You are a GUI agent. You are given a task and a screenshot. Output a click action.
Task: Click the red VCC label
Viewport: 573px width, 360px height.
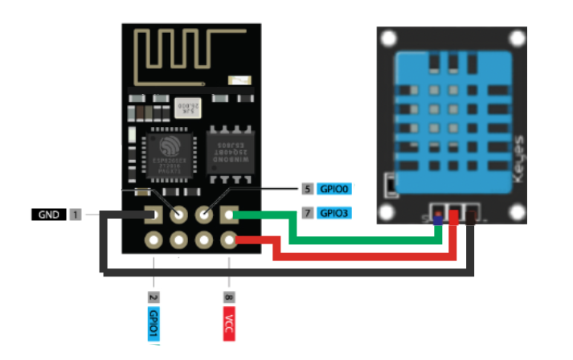click(230, 319)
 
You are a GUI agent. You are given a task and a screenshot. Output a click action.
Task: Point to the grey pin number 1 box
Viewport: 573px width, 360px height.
click(75, 215)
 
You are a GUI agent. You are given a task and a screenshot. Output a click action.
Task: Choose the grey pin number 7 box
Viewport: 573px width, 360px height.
click(307, 214)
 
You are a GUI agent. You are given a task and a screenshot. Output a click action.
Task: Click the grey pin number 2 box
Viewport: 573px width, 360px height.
click(153, 297)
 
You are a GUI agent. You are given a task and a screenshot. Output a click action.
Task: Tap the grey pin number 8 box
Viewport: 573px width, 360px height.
click(230, 297)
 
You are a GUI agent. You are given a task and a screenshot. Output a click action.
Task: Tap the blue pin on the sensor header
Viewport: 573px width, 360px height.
click(437, 216)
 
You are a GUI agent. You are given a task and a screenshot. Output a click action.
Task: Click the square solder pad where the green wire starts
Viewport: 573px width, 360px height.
click(230, 215)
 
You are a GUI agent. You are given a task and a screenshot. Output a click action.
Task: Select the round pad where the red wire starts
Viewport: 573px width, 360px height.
click(230, 239)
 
